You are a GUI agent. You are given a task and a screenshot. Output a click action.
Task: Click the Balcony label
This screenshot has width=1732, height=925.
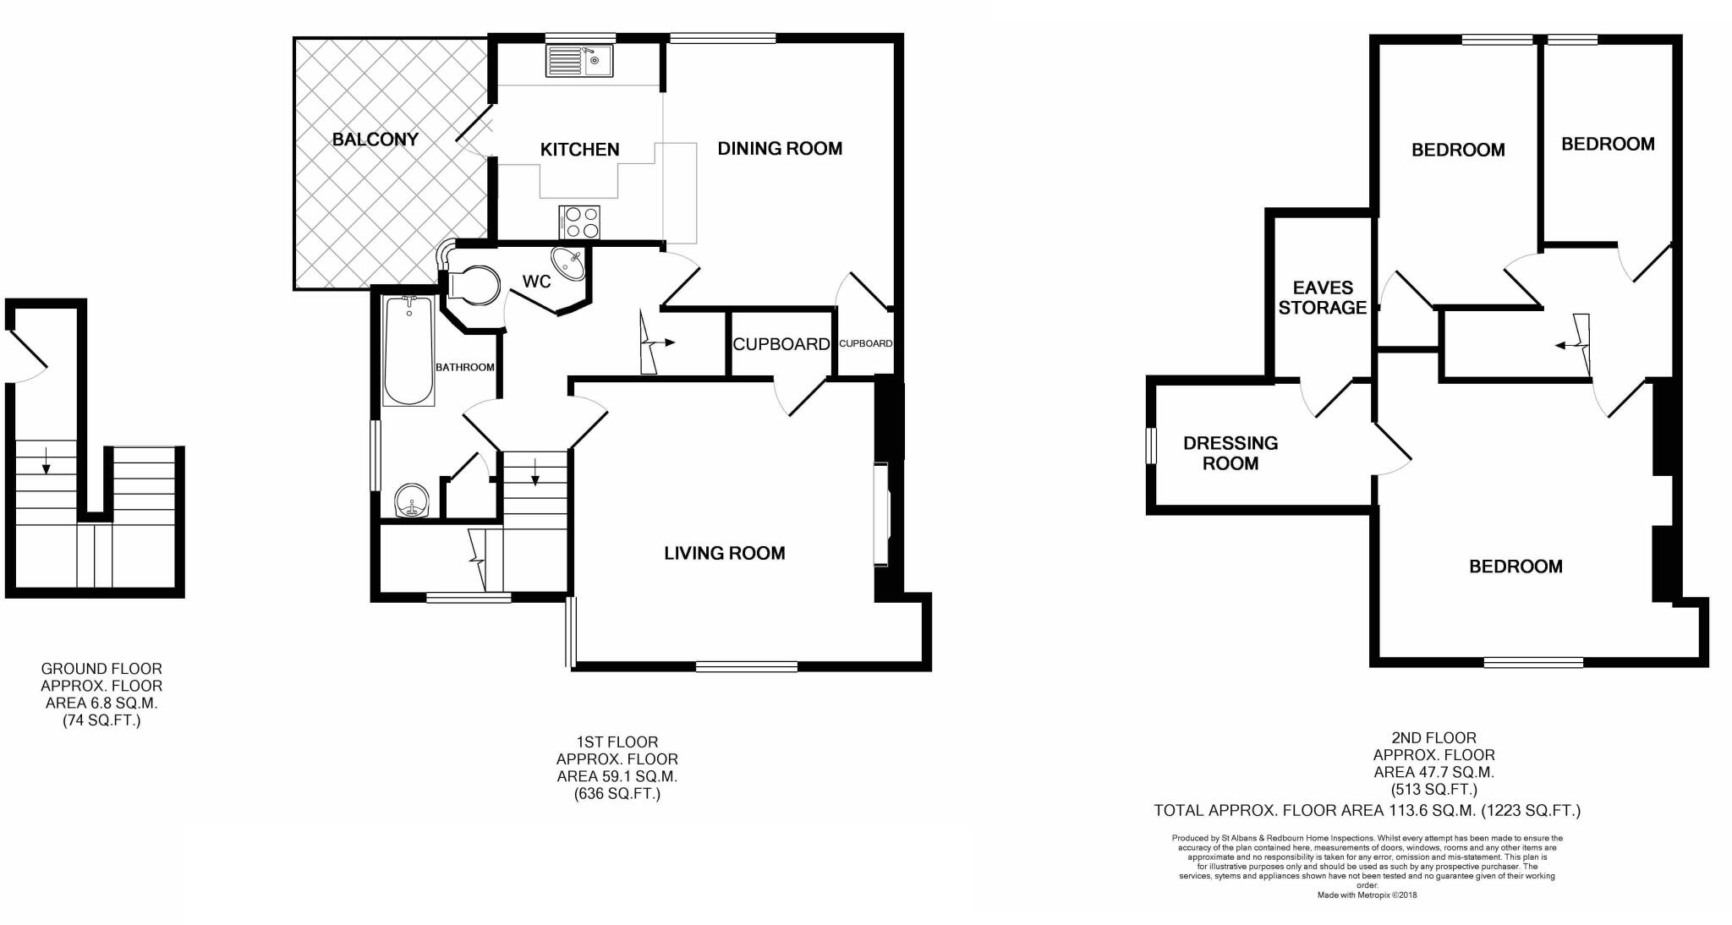(x=375, y=140)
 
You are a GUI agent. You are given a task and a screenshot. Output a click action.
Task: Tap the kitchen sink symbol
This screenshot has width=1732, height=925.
(x=579, y=61)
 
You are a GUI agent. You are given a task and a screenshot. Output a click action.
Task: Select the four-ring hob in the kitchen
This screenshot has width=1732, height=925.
(x=579, y=222)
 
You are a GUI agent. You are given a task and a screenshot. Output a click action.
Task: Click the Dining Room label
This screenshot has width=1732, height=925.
(x=780, y=149)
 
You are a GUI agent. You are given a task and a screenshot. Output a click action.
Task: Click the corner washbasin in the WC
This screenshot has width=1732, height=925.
(x=567, y=263)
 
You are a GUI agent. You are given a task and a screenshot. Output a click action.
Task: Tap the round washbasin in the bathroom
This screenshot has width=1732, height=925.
(x=414, y=501)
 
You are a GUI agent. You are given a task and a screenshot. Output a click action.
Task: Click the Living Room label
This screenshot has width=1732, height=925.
(x=724, y=553)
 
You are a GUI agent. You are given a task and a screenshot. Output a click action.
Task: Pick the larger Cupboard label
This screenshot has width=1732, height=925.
(x=781, y=344)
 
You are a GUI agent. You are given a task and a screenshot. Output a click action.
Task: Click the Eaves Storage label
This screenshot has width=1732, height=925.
(x=1322, y=298)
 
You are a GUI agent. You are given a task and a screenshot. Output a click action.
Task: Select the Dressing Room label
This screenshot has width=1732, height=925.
(x=1230, y=453)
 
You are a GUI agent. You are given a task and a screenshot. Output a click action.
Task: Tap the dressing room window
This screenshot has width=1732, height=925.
(x=1151, y=446)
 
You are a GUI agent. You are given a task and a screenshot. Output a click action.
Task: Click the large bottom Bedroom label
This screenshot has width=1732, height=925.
(x=1515, y=566)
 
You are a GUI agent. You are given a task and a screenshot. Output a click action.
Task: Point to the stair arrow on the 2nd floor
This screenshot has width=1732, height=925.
(x=1575, y=344)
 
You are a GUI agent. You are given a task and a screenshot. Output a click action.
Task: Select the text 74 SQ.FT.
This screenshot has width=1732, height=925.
(x=101, y=721)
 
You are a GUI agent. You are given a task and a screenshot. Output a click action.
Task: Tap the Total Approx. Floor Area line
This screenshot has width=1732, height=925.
(x=1367, y=811)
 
